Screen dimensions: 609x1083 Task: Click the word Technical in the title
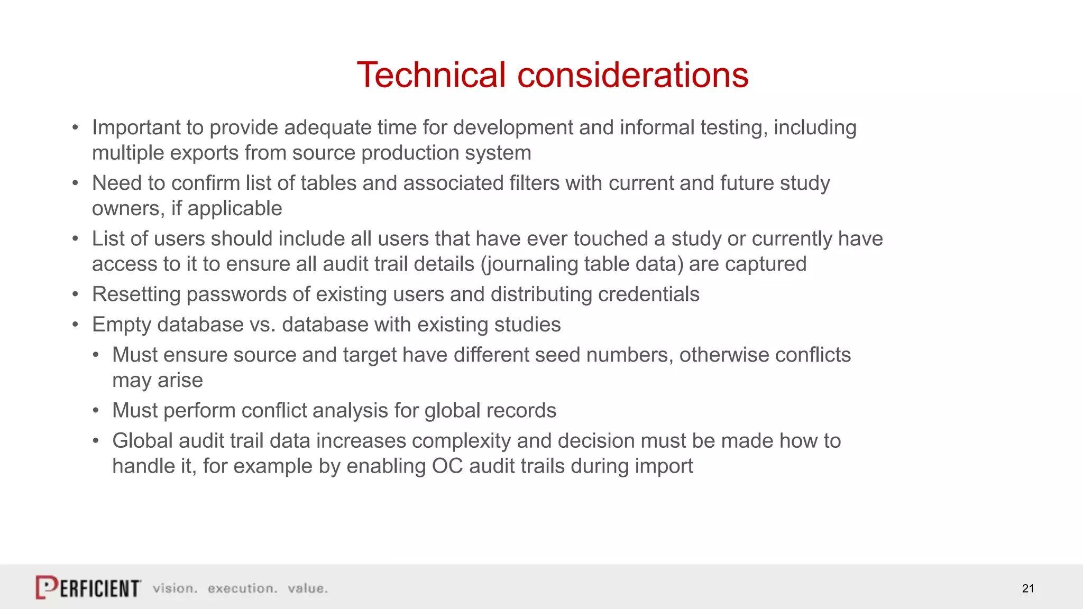[432, 75]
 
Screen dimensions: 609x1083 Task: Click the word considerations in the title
[632, 75]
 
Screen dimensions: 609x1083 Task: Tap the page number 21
[1027, 588]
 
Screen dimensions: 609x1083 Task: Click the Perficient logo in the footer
[88, 587]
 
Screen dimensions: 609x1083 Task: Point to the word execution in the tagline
[242, 588]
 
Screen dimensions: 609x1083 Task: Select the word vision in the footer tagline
[175, 588]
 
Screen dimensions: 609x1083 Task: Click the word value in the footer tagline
[307, 588]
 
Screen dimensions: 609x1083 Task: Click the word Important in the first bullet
[136, 128]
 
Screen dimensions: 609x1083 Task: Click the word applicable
[235, 209]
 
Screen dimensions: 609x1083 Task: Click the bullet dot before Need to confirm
[76, 183]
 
